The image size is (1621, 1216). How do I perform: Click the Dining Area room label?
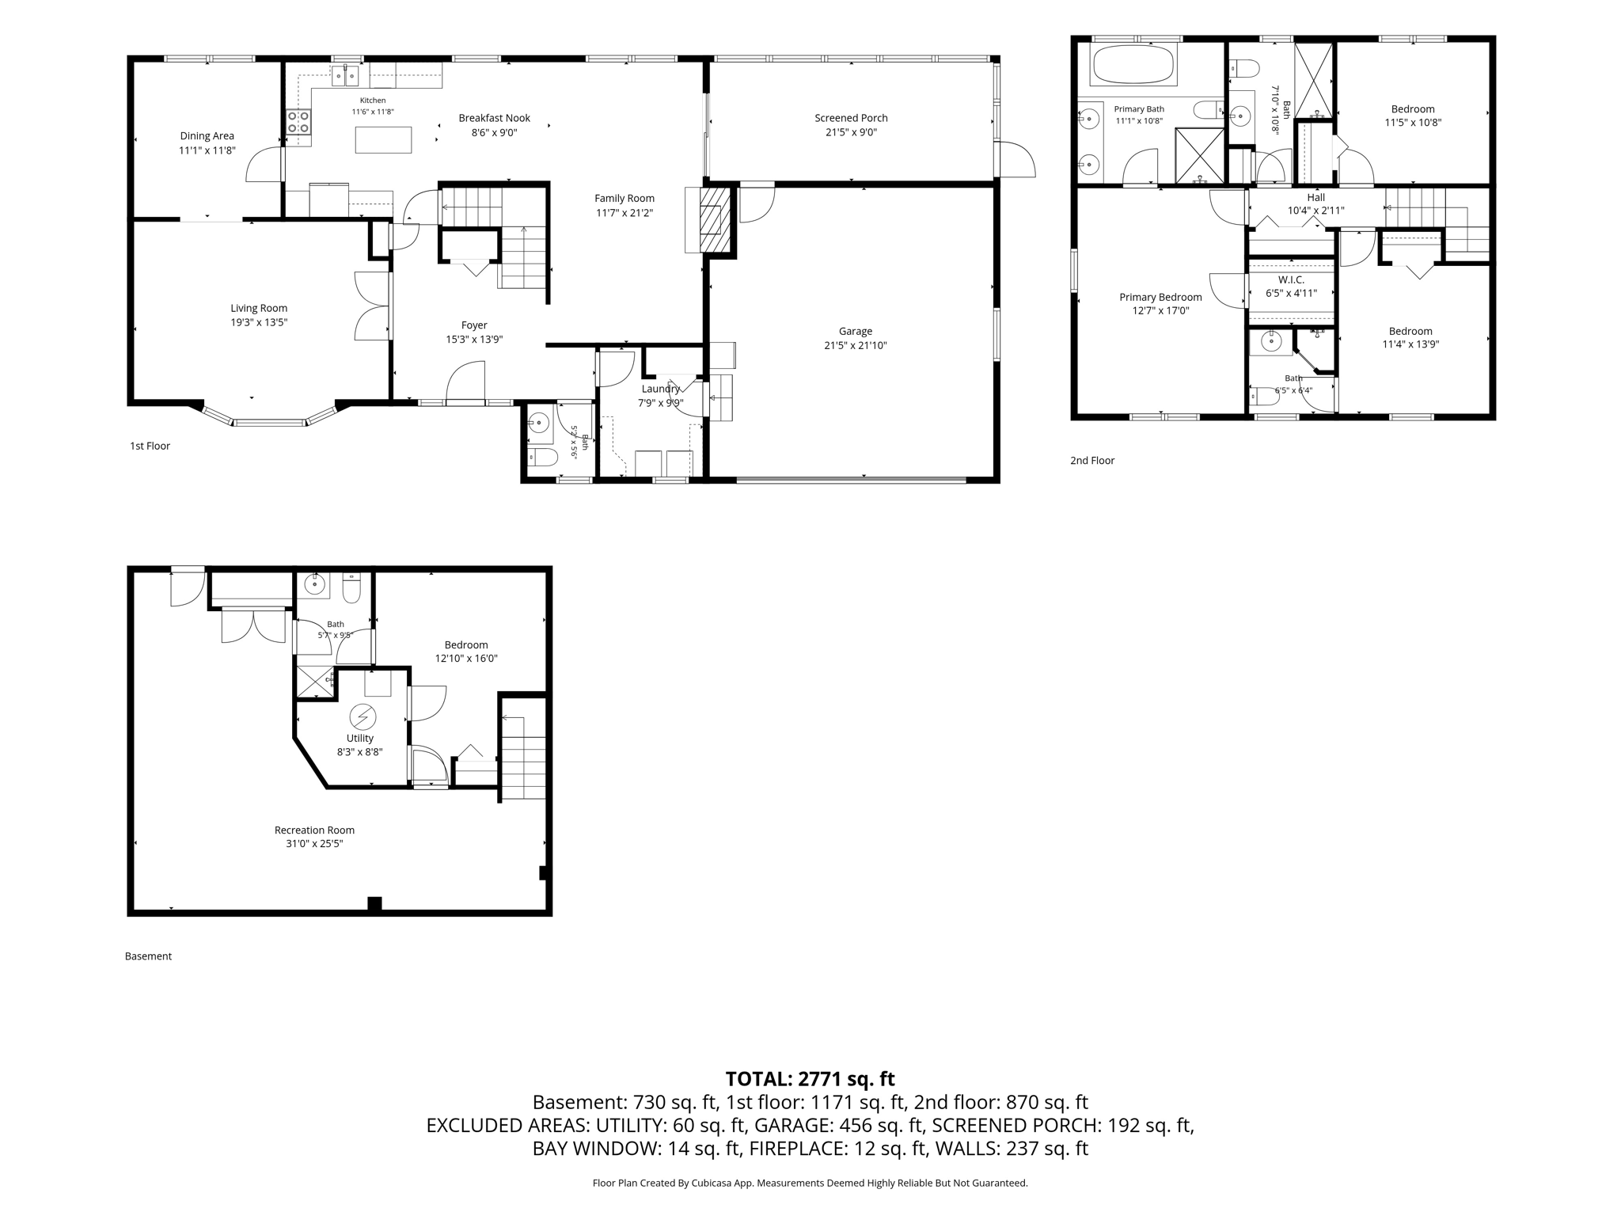[x=207, y=136]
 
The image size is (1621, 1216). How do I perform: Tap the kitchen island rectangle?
[x=383, y=140]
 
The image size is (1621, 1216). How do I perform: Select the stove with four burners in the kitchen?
[x=298, y=121]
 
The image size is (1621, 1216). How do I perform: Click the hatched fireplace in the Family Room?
[x=715, y=219]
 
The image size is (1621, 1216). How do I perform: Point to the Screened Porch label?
[x=851, y=118]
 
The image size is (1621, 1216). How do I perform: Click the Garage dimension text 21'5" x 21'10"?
[x=856, y=345]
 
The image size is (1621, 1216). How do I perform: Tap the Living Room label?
[x=259, y=308]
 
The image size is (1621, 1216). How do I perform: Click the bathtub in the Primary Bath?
[x=1133, y=64]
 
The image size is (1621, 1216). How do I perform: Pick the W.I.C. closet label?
[x=1291, y=280]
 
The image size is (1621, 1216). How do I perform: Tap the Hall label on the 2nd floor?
[x=1315, y=197]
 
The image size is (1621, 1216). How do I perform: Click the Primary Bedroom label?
[x=1160, y=297]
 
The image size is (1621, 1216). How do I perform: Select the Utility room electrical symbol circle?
[x=363, y=717]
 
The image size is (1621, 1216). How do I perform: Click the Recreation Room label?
[x=314, y=830]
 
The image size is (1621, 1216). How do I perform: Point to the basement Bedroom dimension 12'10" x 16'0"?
[x=466, y=658]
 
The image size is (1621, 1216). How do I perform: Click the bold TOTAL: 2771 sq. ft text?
[x=810, y=1078]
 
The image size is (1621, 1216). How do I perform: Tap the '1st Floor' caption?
[x=150, y=446]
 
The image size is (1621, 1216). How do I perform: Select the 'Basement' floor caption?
[x=148, y=956]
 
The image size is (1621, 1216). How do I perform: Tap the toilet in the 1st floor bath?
[x=543, y=456]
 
